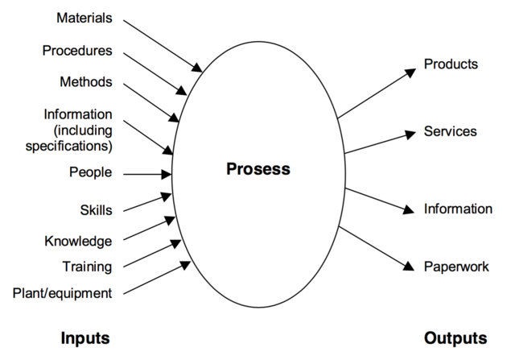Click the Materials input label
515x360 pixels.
click(84, 17)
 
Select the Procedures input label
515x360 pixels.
click(77, 51)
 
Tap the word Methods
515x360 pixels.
click(86, 82)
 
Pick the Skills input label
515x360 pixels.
click(96, 210)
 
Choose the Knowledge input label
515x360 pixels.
click(78, 240)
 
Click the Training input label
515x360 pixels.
click(87, 266)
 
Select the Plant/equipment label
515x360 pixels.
click(63, 293)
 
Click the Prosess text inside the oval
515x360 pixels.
click(257, 169)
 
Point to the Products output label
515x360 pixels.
click(451, 64)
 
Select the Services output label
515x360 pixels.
click(451, 131)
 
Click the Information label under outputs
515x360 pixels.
click(458, 209)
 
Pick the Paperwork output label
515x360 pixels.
click(456, 267)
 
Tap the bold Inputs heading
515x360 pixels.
click(84, 337)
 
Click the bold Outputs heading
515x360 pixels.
click(455, 337)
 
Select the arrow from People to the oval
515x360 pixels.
click(149, 173)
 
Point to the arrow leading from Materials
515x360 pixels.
click(161, 42)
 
